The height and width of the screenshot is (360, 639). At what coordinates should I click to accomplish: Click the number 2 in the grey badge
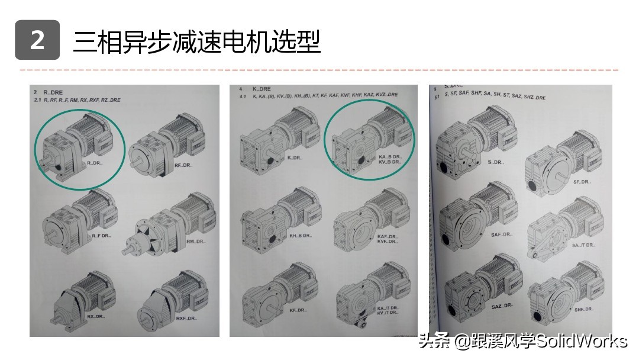point(37,40)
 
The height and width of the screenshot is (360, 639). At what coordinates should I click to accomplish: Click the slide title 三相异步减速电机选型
point(196,41)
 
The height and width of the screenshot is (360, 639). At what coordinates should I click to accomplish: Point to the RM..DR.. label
point(195,242)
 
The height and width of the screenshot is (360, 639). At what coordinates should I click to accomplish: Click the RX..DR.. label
point(96,316)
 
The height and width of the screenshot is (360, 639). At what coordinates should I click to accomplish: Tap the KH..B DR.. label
point(300,236)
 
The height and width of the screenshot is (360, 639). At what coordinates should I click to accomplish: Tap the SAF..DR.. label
point(502,234)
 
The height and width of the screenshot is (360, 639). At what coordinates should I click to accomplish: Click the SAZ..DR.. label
point(502,306)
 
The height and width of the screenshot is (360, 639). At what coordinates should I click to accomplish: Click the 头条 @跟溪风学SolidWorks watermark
point(522,342)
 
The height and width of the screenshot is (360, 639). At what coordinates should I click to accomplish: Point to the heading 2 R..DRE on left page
point(48,93)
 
